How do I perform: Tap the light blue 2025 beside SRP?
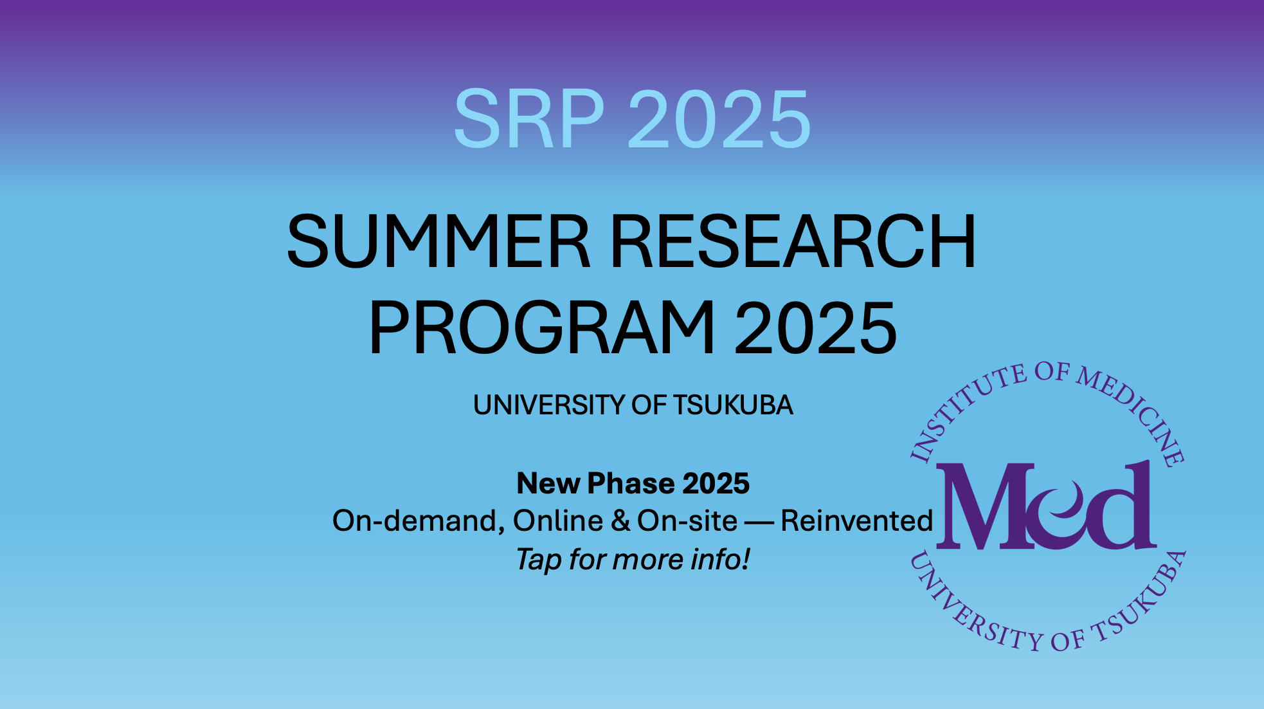coord(719,120)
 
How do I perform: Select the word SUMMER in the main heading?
coord(438,242)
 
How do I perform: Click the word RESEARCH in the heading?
coord(792,242)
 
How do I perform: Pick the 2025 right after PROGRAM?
coord(815,328)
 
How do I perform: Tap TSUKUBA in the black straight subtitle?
coord(733,405)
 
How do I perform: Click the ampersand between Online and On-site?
coord(620,521)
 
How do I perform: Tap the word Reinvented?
coord(856,521)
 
